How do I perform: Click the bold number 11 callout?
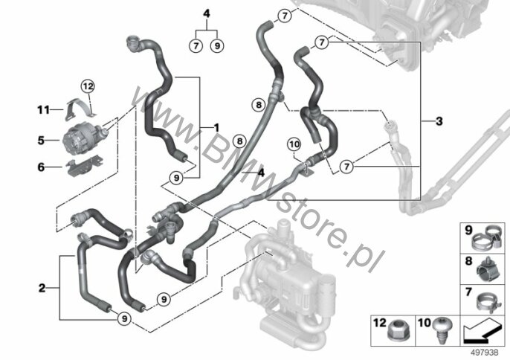[x=43, y=110]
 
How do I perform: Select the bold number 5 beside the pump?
[x=41, y=141]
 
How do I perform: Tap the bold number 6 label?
[x=41, y=167]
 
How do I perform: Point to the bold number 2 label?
[x=42, y=288]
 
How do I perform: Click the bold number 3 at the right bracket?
[x=439, y=121]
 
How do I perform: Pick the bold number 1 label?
[x=216, y=127]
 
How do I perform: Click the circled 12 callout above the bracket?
[x=88, y=86]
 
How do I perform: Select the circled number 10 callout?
[x=294, y=144]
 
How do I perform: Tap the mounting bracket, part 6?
[x=84, y=166]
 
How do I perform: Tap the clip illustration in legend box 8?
[x=487, y=269]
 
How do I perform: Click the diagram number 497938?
[x=485, y=353]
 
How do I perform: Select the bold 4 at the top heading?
[x=207, y=14]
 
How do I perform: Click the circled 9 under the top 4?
[x=217, y=45]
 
